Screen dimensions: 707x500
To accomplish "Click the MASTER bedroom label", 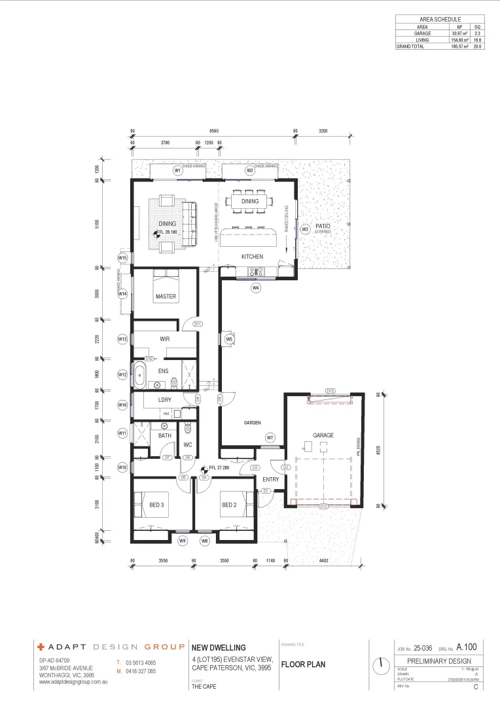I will coord(166,297).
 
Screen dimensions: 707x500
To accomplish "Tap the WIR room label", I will coord(165,339).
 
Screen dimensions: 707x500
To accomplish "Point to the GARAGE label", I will coord(323,435).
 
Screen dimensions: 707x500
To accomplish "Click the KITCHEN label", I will coord(252,257).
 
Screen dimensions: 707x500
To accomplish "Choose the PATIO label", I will coord(323,227).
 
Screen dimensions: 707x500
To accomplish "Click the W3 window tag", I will coord(305,229).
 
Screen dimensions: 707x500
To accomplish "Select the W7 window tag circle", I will coord(270,437).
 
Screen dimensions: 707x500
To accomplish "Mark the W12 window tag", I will coord(122,374).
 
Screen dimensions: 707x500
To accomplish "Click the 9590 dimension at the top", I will coord(213,131).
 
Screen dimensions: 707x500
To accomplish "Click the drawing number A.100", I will coord(467,647).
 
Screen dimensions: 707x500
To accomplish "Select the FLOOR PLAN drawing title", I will coord(303,664).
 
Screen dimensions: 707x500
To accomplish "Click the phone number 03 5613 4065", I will coord(141,663).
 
